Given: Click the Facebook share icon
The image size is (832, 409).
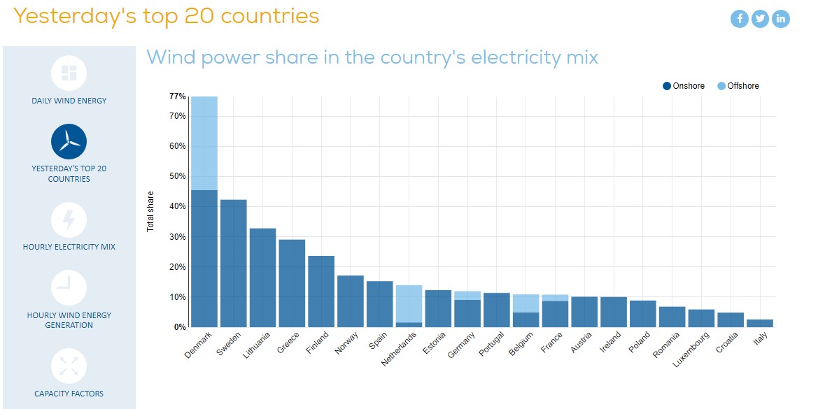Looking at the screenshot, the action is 739,19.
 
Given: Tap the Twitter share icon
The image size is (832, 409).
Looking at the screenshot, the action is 760,19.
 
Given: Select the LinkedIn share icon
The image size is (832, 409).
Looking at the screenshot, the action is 780,19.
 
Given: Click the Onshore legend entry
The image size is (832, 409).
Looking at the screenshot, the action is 684,86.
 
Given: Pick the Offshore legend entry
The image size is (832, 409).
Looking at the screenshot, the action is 738,86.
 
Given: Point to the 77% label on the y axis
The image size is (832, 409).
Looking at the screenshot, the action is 177,96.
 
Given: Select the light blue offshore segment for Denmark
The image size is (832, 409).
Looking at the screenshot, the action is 204,143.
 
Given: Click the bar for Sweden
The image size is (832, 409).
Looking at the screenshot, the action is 234,263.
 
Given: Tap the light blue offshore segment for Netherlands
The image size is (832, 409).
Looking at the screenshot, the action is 409,304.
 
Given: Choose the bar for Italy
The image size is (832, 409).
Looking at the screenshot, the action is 761,323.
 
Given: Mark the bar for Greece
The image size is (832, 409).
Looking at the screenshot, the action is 292,283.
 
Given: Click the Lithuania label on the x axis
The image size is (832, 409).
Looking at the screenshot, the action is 256,345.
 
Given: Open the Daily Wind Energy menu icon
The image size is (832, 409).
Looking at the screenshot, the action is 69,73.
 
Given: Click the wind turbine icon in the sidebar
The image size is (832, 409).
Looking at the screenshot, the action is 69,142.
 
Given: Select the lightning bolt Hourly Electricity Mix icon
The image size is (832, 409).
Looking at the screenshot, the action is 69,220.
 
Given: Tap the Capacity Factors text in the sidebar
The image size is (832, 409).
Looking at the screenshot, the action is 69,394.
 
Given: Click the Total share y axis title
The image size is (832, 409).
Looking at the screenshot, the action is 150,210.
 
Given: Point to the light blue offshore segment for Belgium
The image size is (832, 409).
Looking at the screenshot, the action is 526,303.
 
